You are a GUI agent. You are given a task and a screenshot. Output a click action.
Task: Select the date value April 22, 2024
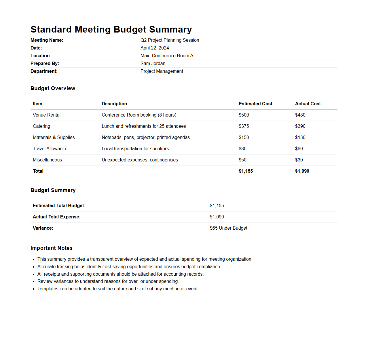pyautogui.click(x=155, y=48)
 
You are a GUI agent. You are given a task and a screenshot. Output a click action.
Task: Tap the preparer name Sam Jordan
pyautogui.click(x=153, y=64)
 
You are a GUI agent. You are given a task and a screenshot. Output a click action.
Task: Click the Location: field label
pyautogui.click(x=41, y=56)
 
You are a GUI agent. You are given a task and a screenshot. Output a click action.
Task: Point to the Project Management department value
pyautogui.click(x=162, y=71)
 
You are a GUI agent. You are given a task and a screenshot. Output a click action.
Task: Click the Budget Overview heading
pyautogui.click(x=53, y=88)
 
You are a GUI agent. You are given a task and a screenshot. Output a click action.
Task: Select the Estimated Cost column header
pyautogui.click(x=255, y=104)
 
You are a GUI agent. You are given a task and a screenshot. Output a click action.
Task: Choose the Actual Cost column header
pyautogui.click(x=308, y=104)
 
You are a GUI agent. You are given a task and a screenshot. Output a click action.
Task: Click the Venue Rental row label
pyautogui.click(x=47, y=115)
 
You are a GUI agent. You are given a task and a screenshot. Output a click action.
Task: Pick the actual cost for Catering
pyautogui.click(x=300, y=126)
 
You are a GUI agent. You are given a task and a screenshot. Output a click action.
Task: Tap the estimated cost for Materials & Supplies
pyautogui.click(x=244, y=138)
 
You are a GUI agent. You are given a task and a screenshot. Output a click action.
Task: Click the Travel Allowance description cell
pyautogui.click(x=135, y=149)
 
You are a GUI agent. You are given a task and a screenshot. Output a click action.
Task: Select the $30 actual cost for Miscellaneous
pyautogui.click(x=299, y=160)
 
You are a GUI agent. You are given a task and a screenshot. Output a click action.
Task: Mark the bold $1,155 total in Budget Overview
pyautogui.click(x=246, y=171)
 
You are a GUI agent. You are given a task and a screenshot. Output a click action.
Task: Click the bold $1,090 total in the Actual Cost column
pyautogui.click(x=302, y=171)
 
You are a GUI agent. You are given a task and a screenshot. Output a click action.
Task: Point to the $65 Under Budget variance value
pyautogui.click(x=228, y=228)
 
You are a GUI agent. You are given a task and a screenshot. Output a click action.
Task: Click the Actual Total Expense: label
pyautogui.click(x=56, y=217)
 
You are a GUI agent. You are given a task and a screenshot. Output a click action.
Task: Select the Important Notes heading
pyautogui.click(x=52, y=248)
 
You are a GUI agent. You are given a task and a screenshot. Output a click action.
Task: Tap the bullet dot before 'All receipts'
pyautogui.click(x=34, y=274)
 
